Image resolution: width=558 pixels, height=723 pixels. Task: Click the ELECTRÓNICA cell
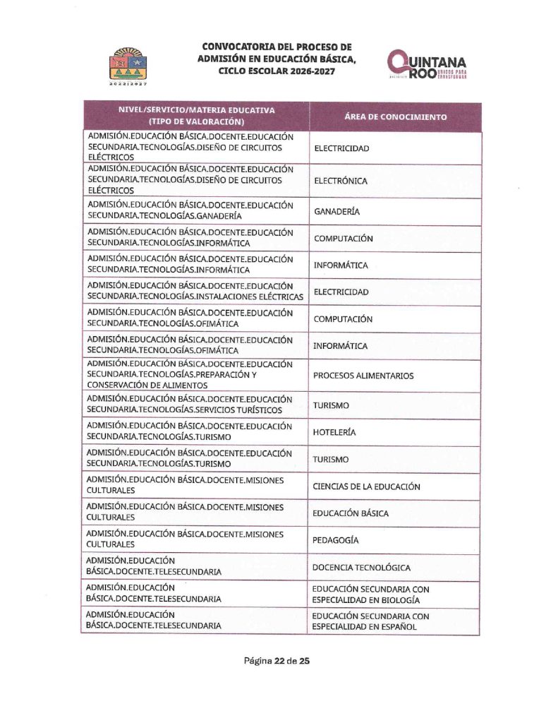click(341, 181)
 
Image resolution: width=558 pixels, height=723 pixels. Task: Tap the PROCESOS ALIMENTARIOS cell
click(363, 376)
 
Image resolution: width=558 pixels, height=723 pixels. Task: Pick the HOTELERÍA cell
click(335, 432)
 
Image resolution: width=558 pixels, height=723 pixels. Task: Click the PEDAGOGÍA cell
click(336, 540)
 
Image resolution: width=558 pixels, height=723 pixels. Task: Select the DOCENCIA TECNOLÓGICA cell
click(372, 568)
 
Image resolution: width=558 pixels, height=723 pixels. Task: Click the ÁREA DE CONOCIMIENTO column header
click(395, 117)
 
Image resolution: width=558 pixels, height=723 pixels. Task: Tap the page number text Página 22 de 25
click(277, 662)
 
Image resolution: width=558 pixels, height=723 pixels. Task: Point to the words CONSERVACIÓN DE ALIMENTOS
click(147, 386)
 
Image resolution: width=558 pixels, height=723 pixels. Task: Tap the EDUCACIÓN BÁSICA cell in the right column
click(351, 513)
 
